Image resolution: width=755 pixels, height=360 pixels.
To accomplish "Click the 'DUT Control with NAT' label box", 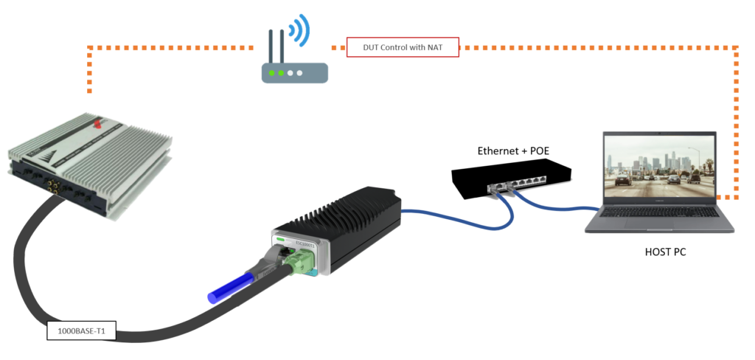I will coord(403,47).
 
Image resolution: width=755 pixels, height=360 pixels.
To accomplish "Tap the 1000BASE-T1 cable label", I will coord(80,332).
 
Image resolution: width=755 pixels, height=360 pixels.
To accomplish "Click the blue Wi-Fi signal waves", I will coord(299,31).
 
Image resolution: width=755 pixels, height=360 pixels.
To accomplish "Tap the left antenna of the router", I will coord(271,47).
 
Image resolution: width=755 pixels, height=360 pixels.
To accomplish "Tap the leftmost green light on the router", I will coord(273,73).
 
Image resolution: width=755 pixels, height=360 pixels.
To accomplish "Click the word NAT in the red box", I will coord(433,47).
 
